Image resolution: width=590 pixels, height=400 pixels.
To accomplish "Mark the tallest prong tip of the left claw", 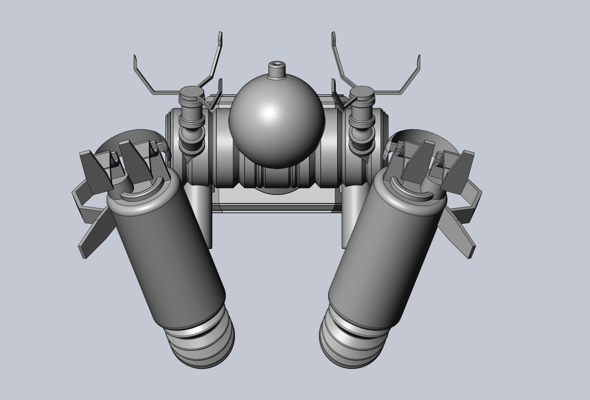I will pos(220,37).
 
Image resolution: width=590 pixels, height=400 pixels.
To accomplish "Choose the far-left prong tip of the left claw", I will pos(135,59).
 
